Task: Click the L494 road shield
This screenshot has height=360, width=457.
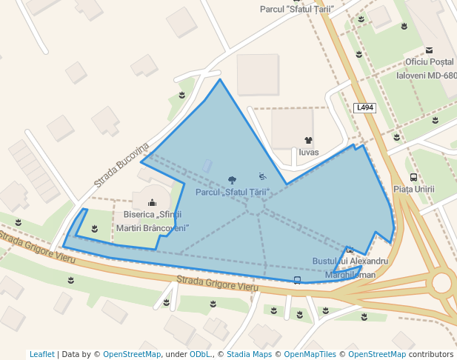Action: [365, 107]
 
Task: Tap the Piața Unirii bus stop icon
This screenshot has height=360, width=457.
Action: [413, 177]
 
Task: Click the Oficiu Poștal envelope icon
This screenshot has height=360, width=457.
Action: [429, 50]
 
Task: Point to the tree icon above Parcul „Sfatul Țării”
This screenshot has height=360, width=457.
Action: [233, 180]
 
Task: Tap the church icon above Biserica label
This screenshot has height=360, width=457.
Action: [153, 202]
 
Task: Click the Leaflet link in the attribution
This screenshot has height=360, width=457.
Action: [42, 354]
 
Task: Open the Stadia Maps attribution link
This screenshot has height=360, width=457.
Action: [249, 354]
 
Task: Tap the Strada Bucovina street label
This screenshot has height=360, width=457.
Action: [121, 164]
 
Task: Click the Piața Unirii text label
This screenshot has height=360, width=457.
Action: [413, 190]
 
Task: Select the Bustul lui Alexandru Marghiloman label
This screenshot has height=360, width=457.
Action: [350, 267]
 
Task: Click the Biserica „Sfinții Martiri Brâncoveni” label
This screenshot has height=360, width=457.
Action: [153, 220]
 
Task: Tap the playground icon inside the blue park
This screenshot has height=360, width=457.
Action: [262, 176]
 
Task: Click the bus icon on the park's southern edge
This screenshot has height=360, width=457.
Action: [297, 279]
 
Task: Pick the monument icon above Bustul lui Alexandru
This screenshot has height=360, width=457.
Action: [350, 250]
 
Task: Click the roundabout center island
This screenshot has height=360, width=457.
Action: [443, 283]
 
